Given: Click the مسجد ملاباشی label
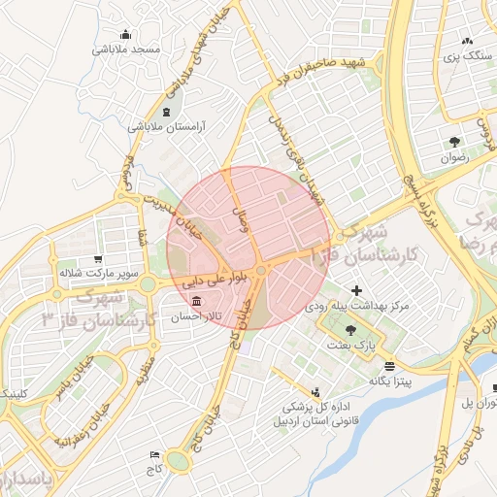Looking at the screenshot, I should coord(127,49).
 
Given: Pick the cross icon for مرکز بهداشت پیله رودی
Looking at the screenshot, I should coord(357,290).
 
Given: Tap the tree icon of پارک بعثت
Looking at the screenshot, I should coord(363,330).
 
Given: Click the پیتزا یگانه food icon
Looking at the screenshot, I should coord(389,366).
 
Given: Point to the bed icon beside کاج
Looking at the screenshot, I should coord(154,454).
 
